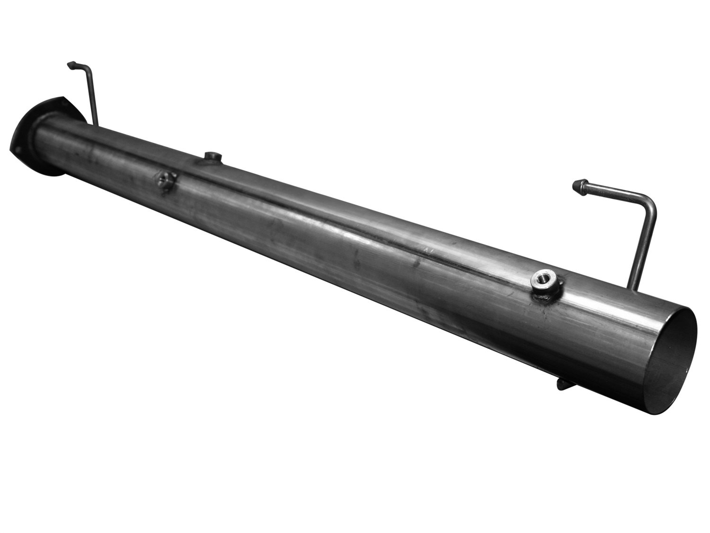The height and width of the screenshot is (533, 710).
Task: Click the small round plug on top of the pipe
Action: click(x=211, y=156)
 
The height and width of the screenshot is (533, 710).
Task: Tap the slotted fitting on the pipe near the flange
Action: click(x=165, y=180)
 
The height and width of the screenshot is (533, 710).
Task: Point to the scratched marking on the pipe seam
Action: click(x=428, y=248)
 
